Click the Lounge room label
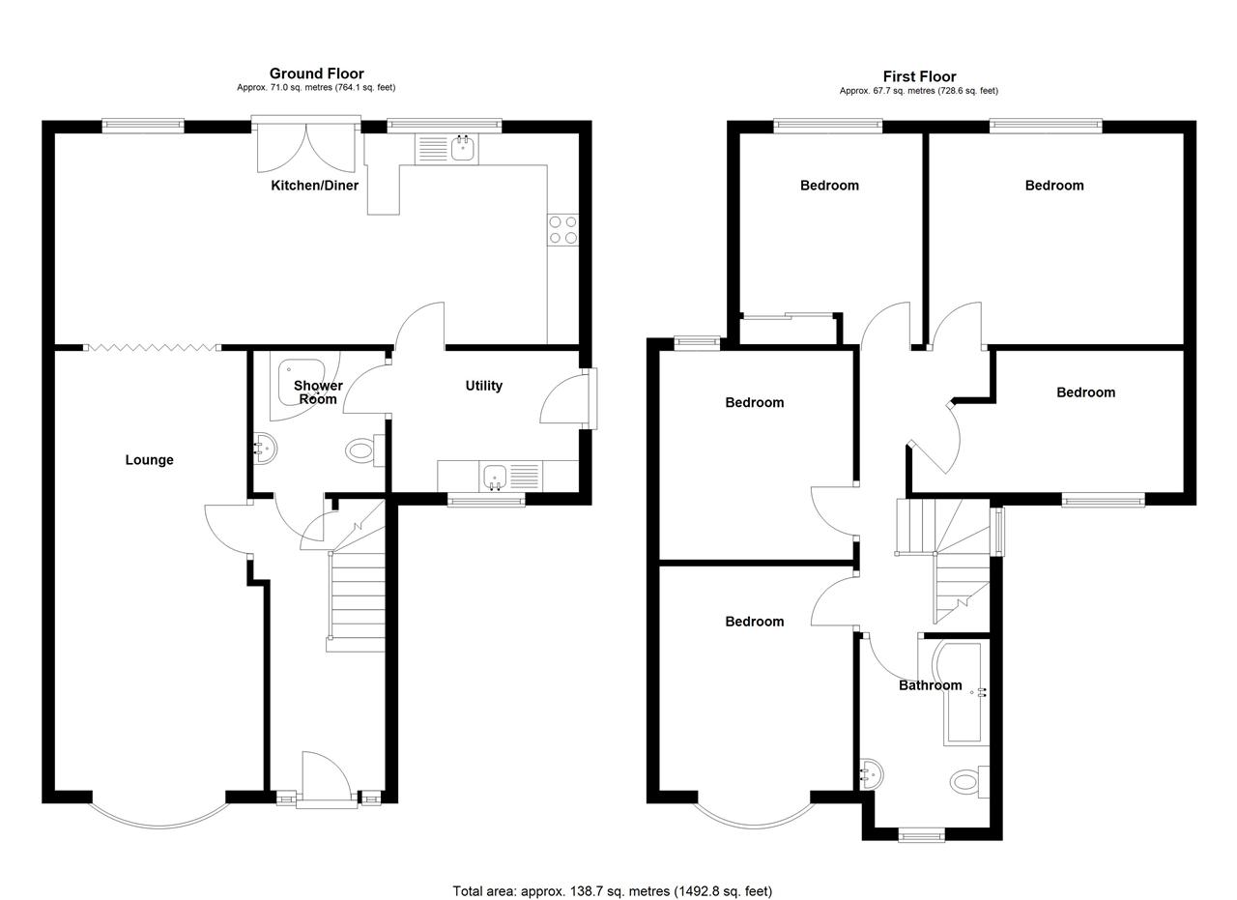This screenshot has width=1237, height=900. tap(149, 460)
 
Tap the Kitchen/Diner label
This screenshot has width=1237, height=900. tap(314, 185)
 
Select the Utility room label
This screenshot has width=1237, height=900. tap(484, 385)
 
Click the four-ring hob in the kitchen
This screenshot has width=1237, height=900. tap(563, 230)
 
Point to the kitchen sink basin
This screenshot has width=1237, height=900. tap(465, 149)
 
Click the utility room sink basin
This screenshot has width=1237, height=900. tap(495, 477)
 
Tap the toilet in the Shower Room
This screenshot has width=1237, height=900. tap(365, 450)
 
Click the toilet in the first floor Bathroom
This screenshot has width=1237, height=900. tap(969, 781)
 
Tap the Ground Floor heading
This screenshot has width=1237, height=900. tap(316, 73)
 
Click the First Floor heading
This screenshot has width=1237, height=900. tap(919, 76)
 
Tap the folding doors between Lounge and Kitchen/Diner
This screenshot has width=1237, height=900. tap(152, 347)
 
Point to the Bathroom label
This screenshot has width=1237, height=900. tap(931, 685)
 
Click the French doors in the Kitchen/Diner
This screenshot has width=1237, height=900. tap(306, 145)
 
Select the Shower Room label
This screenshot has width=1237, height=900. tap(318, 392)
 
